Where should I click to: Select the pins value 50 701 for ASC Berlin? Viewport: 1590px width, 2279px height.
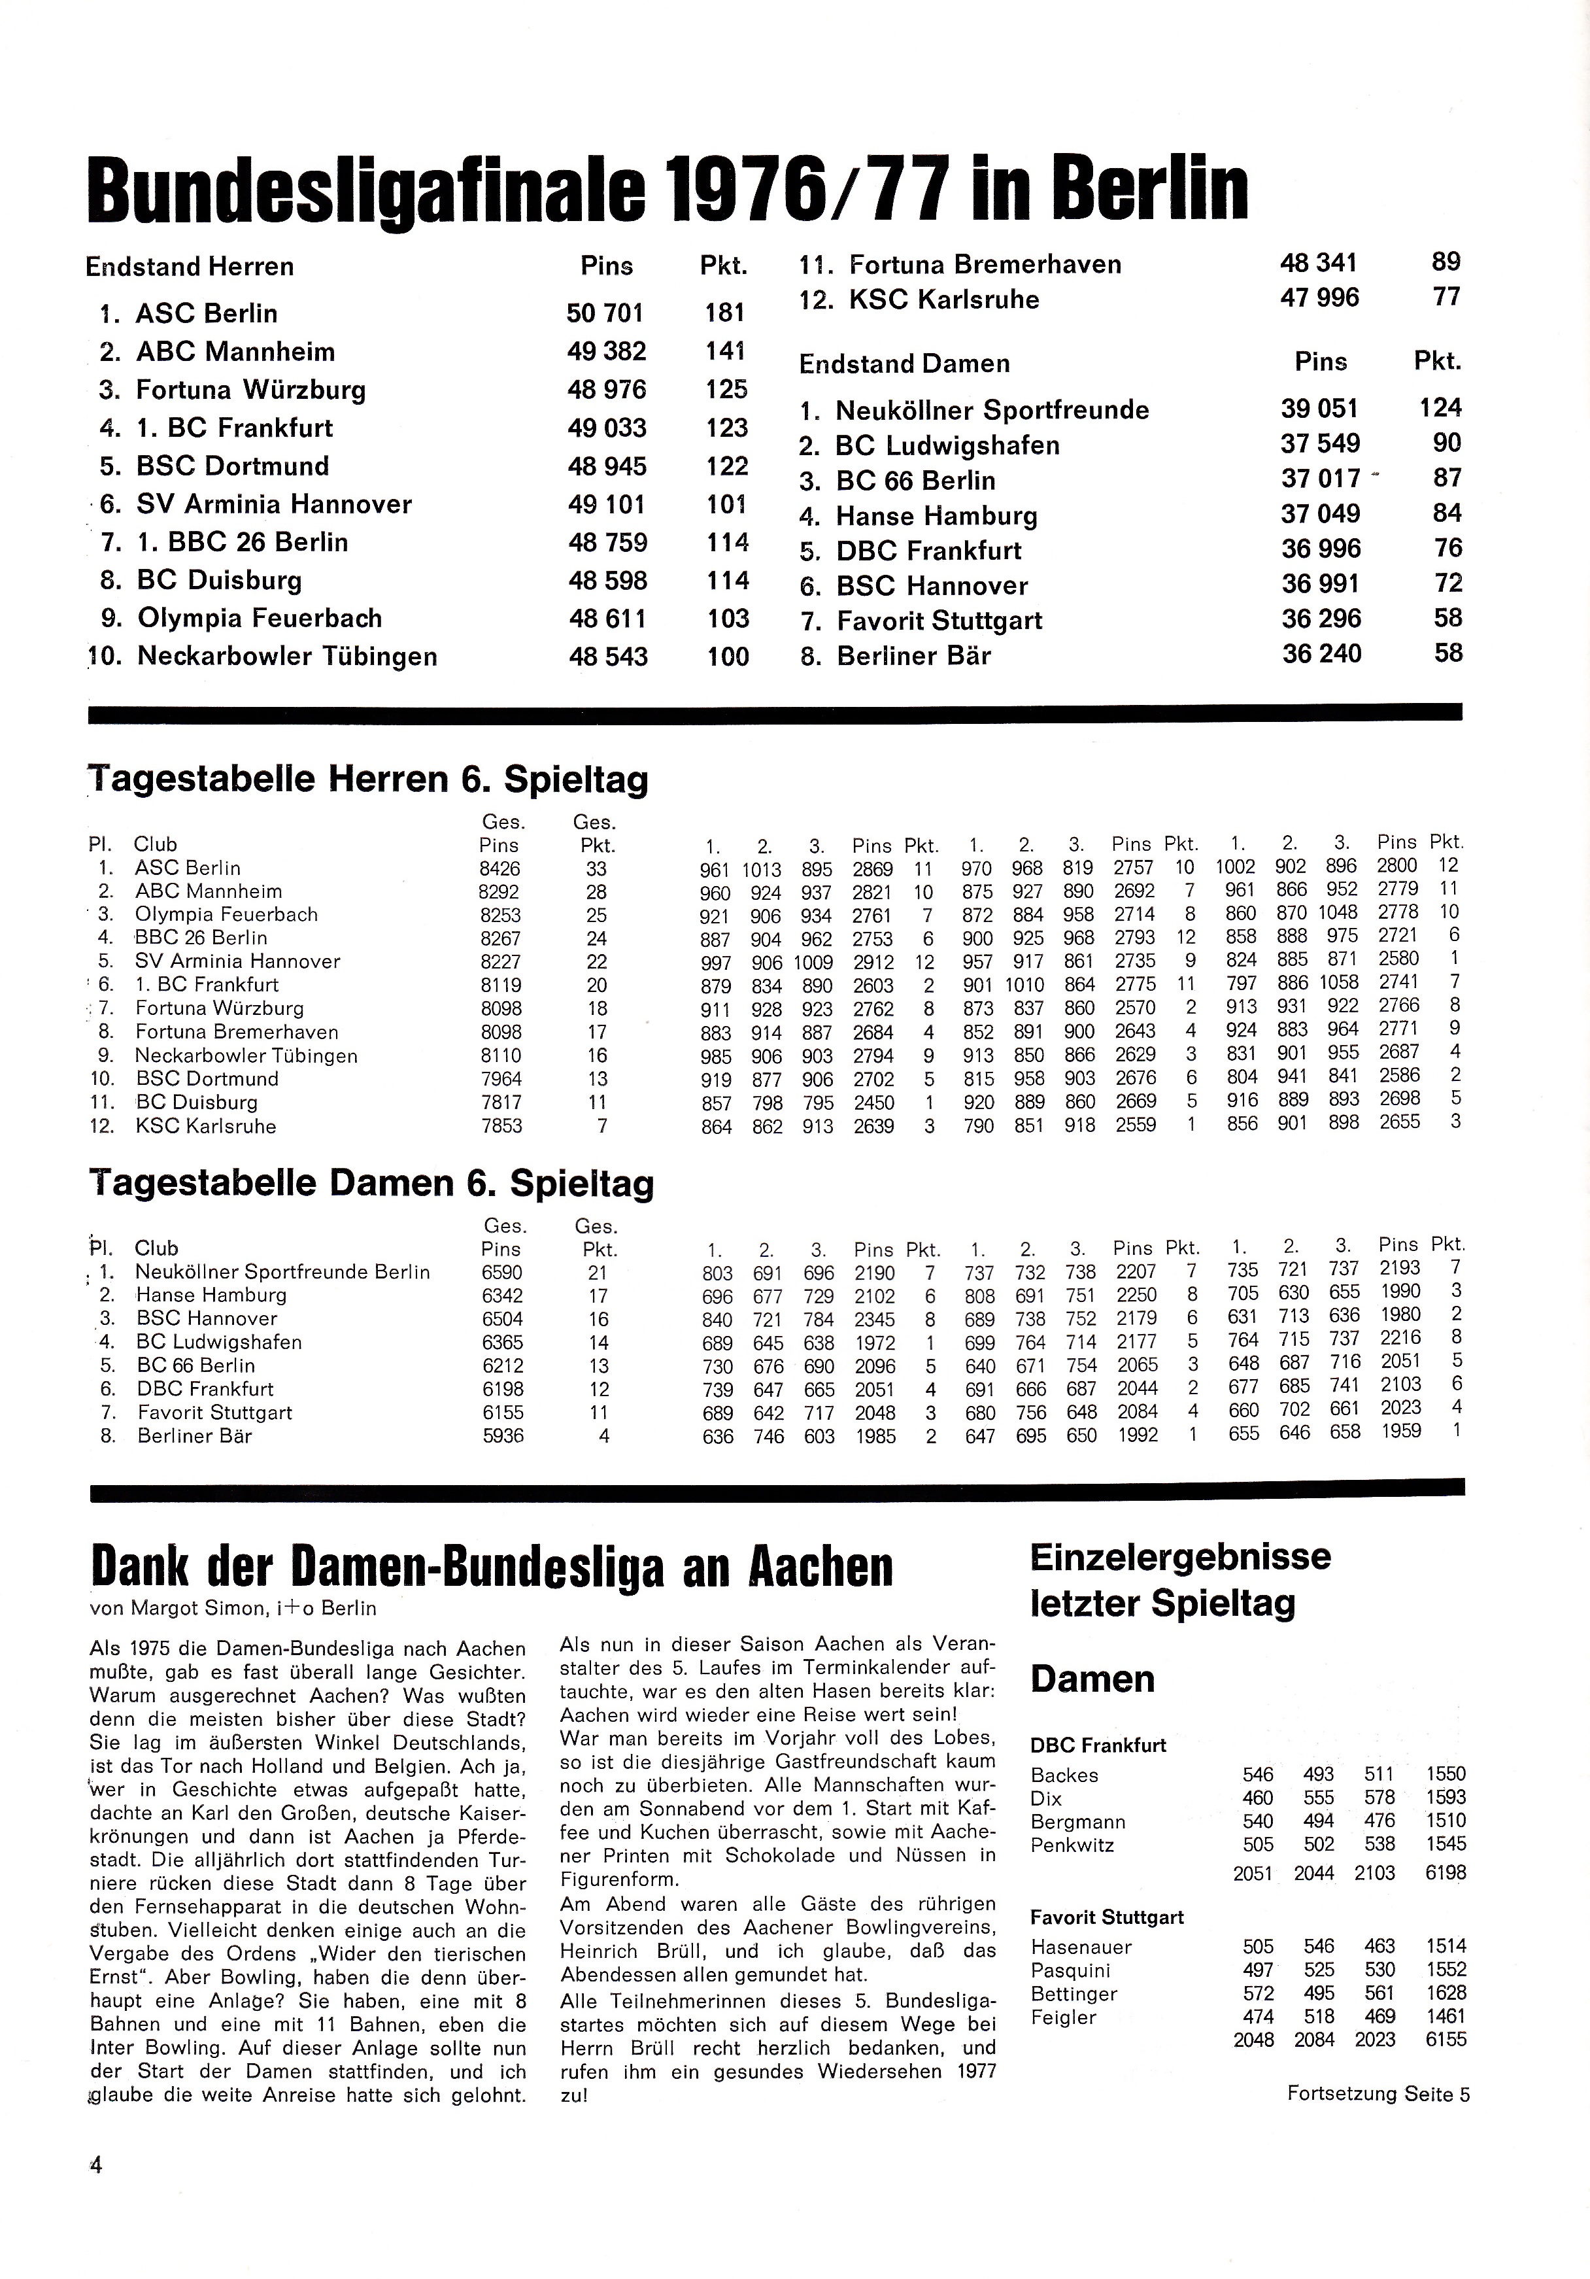(x=605, y=314)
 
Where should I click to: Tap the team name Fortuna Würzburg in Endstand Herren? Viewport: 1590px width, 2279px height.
(x=251, y=390)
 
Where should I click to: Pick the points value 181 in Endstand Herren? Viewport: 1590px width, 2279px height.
(x=724, y=314)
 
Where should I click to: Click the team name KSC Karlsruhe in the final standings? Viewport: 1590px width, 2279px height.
(x=944, y=300)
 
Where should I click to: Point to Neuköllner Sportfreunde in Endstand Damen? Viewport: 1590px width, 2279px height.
(x=992, y=411)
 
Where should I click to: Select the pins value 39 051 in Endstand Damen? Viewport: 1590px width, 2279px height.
(x=1319, y=409)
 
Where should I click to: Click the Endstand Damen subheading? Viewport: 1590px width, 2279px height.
(x=904, y=364)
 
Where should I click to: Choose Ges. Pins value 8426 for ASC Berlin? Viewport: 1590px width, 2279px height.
(x=500, y=868)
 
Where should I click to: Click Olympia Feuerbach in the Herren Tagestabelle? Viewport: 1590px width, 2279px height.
(x=226, y=914)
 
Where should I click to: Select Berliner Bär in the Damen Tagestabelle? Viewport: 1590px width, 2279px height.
(x=195, y=1435)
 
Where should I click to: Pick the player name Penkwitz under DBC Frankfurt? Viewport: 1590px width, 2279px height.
(x=1072, y=1845)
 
